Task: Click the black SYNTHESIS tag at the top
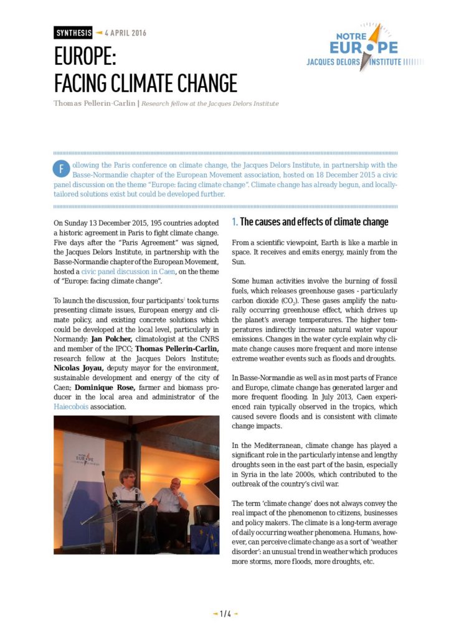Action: click(x=73, y=32)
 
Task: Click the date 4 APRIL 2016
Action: click(x=125, y=32)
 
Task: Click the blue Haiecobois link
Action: click(x=72, y=406)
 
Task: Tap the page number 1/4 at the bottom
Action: click(x=225, y=614)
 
